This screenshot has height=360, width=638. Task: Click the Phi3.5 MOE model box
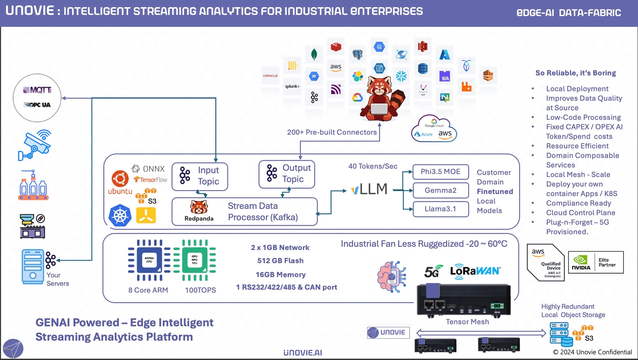point(440,172)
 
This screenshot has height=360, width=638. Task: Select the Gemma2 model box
point(440,190)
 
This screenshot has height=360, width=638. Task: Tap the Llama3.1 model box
point(440,209)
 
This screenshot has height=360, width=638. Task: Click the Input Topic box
point(200,176)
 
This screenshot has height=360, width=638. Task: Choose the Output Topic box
point(287,174)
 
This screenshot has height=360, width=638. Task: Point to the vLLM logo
point(369,189)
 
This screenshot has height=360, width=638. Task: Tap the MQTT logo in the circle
point(37,90)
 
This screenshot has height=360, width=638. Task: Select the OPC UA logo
point(37,105)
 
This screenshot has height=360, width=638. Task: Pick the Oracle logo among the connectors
point(270,76)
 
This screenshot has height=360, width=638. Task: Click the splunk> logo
point(292,86)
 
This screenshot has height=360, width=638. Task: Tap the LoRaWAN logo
point(475,271)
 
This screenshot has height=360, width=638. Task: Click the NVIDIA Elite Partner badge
point(596,262)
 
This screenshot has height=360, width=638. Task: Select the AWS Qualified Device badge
point(546,262)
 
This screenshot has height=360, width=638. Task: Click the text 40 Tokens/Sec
point(373,166)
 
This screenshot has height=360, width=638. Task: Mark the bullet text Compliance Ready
point(578,203)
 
